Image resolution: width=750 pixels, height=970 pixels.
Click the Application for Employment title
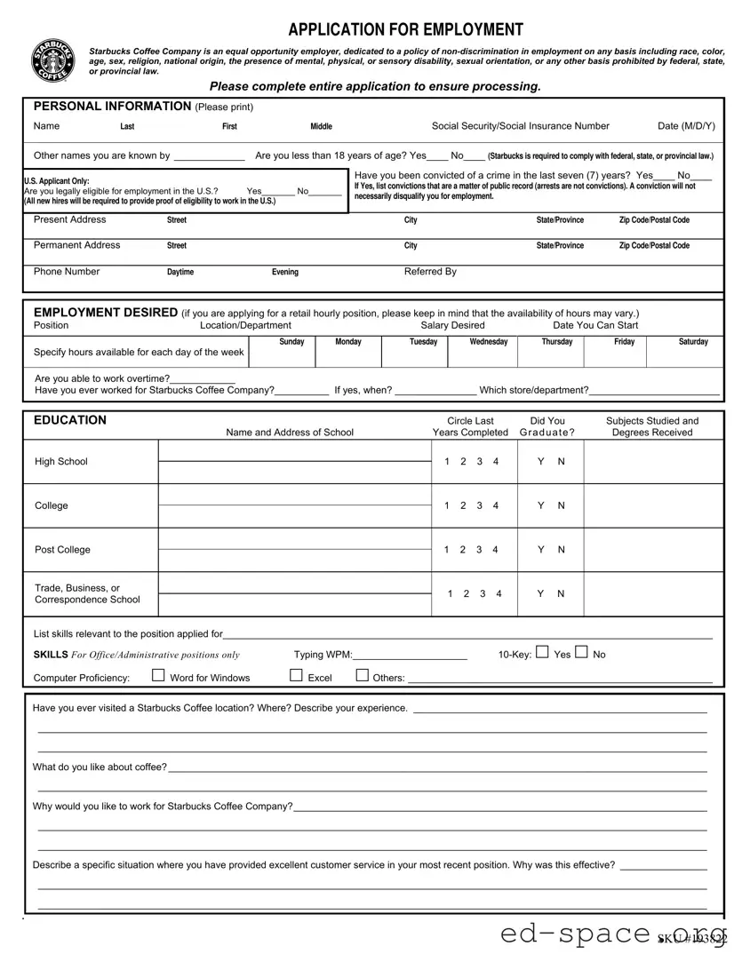click(x=406, y=29)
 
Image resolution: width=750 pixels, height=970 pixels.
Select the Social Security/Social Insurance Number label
click(x=520, y=126)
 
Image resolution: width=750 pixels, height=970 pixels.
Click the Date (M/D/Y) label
click(x=686, y=126)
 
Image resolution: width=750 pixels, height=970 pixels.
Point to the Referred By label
click(x=430, y=272)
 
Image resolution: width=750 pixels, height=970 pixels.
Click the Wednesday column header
click(x=489, y=342)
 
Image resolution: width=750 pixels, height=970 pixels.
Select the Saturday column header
click(x=693, y=342)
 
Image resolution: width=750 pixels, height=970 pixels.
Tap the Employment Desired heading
click(x=105, y=313)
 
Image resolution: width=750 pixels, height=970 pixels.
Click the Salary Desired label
click(x=452, y=325)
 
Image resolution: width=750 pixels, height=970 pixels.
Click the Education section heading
click(x=69, y=420)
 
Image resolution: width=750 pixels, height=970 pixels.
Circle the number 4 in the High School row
click(x=496, y=461)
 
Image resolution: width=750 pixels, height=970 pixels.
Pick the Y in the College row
click(x=540, y=505)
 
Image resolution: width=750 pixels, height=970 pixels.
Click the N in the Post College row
click(x=562, y=550)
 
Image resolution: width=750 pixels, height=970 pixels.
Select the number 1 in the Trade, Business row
click(x=451, y=593)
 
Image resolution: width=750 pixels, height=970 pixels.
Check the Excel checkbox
click(x=296, y=676)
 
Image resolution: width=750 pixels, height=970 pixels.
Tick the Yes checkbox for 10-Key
click(x=543, y=653)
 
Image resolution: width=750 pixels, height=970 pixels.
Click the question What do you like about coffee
click(x=100, y=767)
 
